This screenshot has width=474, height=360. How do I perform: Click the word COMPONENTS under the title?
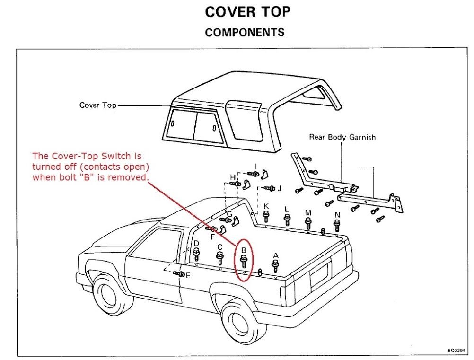(x=245, y=33)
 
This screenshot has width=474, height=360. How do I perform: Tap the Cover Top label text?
(x=97, y=105)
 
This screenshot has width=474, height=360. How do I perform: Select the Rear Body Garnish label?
(x=342, y=137)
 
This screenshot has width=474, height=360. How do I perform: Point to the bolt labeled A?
(x=276, y=265)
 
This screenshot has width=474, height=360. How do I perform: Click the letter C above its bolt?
(x=219, y=247)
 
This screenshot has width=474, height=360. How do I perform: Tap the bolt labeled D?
(x=197, y=254)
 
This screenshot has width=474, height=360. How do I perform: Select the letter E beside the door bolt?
(x=188, y=275)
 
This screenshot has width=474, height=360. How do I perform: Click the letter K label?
(x=266, y=206)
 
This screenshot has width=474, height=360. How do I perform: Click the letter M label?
(x=308, y=213)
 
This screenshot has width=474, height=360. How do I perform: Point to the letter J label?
(x=280, y=188)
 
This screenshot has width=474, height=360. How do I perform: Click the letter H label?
(x=232, y=177)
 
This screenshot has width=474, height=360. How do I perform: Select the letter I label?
(x=255, y=166)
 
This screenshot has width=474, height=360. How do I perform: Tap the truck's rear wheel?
(x=244, y=323)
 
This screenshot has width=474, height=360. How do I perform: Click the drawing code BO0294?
(x=457, y=351)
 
